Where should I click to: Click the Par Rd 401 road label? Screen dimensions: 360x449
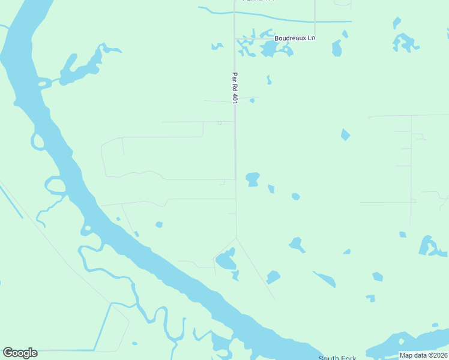pos(235,89)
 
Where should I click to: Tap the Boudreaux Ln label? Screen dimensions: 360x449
pos(294,38)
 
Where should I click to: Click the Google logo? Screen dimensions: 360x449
pos(20,353)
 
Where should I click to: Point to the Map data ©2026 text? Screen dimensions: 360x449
pos(423,355)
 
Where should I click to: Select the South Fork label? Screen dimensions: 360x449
pos(337,358)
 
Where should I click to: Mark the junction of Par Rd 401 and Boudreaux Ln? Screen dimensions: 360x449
pos(235,38)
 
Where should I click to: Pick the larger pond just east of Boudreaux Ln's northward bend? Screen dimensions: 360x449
pos(337,48)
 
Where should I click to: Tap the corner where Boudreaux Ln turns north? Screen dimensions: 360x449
pos(315,37)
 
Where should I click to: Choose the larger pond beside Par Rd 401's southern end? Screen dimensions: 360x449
pos(253,178)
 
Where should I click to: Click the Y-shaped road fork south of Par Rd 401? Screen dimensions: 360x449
pos(236,238)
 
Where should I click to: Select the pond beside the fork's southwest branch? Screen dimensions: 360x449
pos(226,260)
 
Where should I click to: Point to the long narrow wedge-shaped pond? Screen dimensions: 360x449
pos(325,279)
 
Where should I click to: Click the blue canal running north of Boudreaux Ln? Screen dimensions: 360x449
pos(282,20)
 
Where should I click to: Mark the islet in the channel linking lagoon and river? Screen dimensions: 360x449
pos(44,84)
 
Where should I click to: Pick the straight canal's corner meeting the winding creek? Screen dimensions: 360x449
pos(111,304)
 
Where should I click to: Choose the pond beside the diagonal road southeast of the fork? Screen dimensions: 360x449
pos(273,277)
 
